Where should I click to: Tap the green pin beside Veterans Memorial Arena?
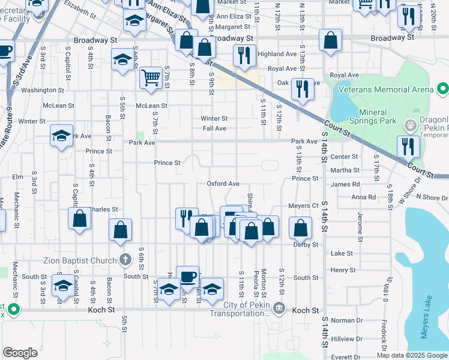(x=443, y=89)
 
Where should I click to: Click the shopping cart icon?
(x=151, y=76)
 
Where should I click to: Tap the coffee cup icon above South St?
(x=187, y=275)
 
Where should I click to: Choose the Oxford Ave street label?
(x=223, y=184)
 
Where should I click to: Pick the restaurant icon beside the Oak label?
(x=301, y=89)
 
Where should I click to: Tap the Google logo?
(x=20, y=353)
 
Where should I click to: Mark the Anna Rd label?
(x=363, y=197)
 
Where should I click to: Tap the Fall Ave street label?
(x=214, y=128)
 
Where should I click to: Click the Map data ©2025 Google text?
(x=412, y=355)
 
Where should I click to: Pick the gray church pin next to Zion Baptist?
(x=125, y=260)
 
